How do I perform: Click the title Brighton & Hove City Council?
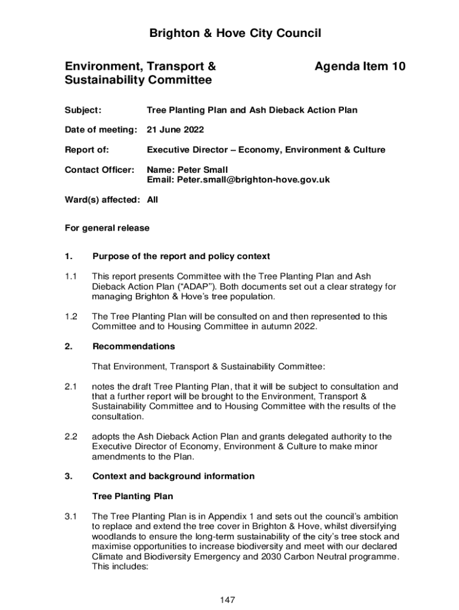[235, 33]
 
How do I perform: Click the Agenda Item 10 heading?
[359, 67]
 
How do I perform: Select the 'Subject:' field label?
[83, 110]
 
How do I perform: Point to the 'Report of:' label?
[86, 150]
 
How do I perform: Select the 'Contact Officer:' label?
[100, 170]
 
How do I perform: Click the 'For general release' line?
[107, 228]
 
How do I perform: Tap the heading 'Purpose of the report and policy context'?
[181, 256]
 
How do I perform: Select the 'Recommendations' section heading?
[134, 346]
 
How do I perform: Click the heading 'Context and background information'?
[173, 476]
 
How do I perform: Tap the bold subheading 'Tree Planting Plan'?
[132, 496]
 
